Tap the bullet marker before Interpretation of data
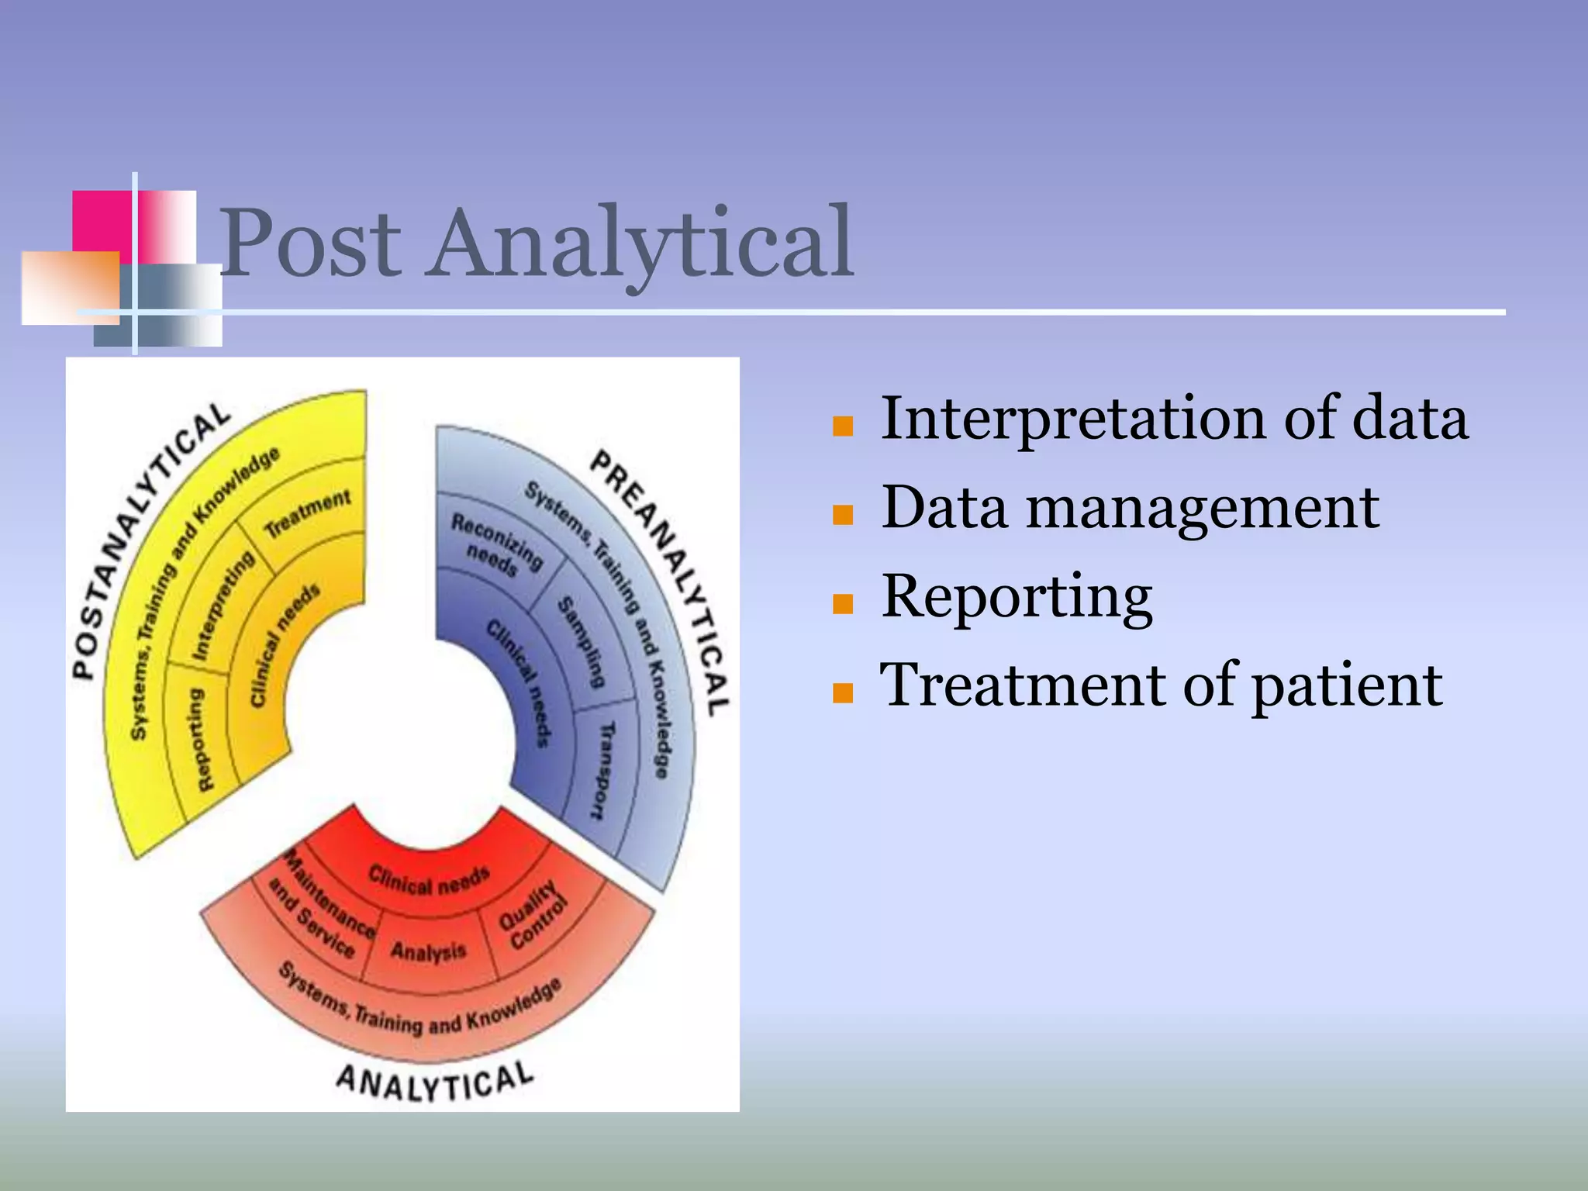click(842, 426)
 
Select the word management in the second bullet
click(1203, 509)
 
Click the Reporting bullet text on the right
click(1017, 596)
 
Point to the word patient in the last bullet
click(1347, 685)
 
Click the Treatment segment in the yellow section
click(308, 515)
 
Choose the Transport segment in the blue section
click(603, 769)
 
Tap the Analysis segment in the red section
click(428, 951)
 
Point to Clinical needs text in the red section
click(428, 880)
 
